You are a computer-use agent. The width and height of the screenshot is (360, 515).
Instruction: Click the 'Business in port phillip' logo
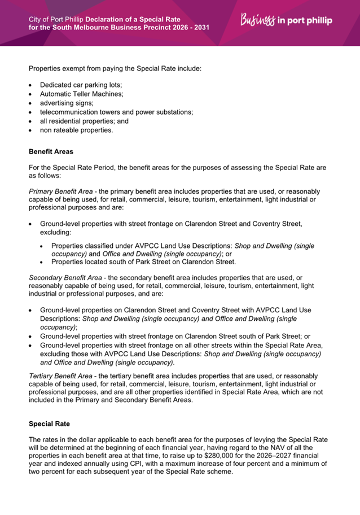point(286,20)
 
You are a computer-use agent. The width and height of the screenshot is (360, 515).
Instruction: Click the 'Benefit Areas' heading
point(51,152)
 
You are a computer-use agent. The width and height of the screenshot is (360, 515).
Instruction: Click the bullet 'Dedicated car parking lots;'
point(81,84)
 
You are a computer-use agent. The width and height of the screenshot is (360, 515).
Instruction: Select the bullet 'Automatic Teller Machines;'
point(81,93)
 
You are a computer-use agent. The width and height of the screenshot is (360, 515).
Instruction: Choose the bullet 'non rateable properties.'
point(76,130)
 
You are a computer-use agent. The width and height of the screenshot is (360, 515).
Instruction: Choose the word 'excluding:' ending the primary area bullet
point(55,232)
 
